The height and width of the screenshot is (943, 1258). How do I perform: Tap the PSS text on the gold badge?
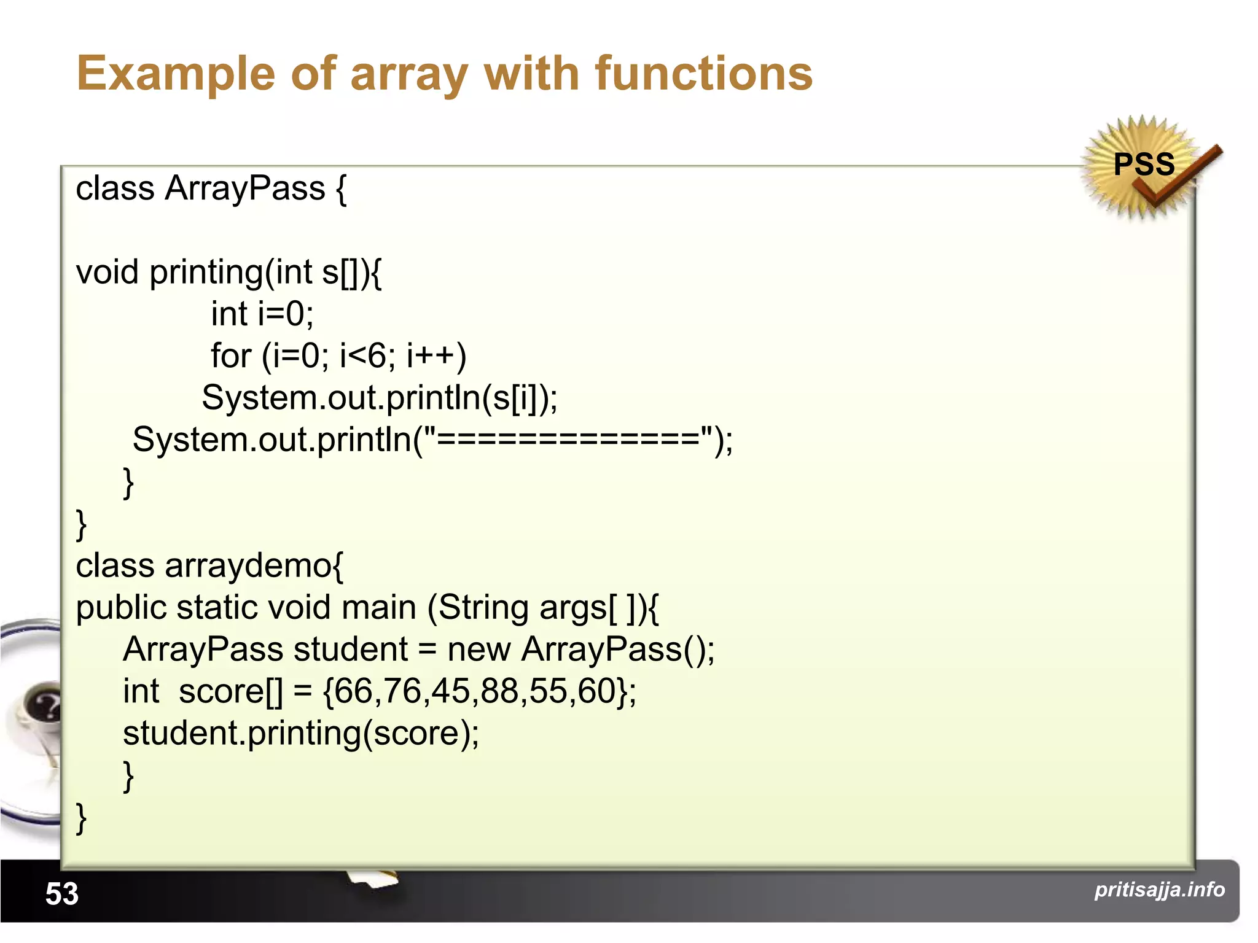pos(1144,164)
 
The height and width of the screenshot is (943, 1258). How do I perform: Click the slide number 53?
pos(62,893)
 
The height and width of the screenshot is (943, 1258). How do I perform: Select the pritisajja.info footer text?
pos(1159,889)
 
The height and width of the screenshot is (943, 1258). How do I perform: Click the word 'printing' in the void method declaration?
pos(206,272)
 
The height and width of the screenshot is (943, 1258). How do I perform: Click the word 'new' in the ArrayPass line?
pos(479,649)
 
